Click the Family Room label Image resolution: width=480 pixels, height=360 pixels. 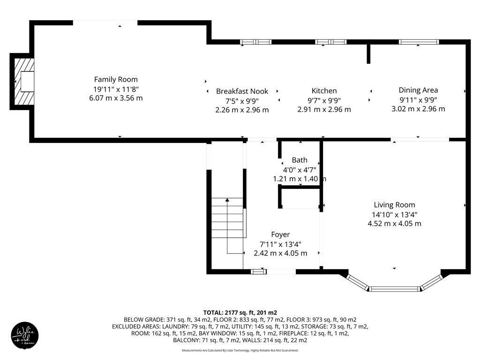pyautogui.click(x=116, y=79)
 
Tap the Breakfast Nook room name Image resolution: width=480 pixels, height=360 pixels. pyautogui.click(x=242, y=91)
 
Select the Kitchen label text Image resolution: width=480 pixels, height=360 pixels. pyautogui.click(x=324, y=90)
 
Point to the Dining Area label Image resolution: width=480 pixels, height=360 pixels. pyautogui.click(x=418, y=90)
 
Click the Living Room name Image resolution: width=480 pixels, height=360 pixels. pyautogui.click(x=394, y=205)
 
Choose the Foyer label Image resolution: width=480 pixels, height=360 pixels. pyautogui.click(x=280, y=234)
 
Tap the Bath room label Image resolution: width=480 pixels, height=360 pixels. pyautogui.click(x=300, y=160)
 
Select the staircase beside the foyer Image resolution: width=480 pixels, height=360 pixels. pyautogui.click(x=228, y=218)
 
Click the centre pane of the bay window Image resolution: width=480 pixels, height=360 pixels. pyautogui.click(x=394, y=288)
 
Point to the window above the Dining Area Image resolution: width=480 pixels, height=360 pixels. pyautogui.click(x=419, y=42)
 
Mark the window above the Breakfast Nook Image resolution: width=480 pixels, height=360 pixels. pyautogui.click(x=256, y=42)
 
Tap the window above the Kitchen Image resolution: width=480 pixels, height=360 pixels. pyautogui.click(x=330, y=42)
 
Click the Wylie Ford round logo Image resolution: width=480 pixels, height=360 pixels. pyautogui.click(x=25, y=335)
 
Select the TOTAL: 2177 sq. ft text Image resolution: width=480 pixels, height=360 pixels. pyautogui.click(x=240, y=312)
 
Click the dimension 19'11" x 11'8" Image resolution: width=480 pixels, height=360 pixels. pyautogui.click(x=116, y=89)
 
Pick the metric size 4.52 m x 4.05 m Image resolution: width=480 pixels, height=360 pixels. pyautogui.click(x=394, y=224)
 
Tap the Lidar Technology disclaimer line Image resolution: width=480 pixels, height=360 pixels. pyautogui.click(x=240, y=350)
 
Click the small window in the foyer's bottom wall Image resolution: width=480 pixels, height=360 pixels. pyautogui.click(x=258, y=271)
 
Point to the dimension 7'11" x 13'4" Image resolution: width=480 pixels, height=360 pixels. pyautogui.click(x=280, y=244)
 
